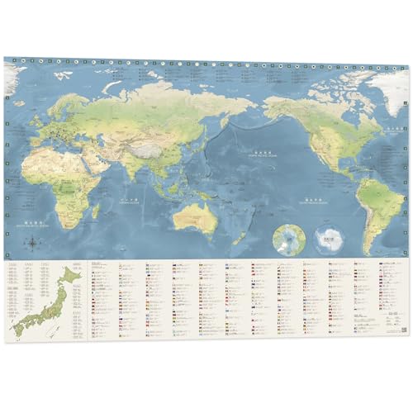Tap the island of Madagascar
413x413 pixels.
click(105, 204)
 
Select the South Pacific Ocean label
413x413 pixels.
click(311, 201)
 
